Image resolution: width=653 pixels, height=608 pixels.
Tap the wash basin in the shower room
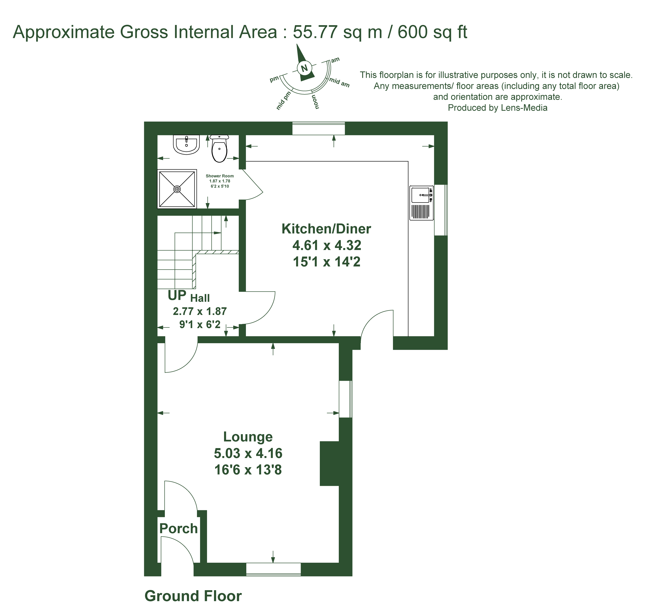coord(186,145)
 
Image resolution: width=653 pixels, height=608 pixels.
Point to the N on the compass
coord(305,68)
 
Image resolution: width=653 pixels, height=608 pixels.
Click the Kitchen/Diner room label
coord(326,229)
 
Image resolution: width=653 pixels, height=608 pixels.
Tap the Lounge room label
coord(248,437)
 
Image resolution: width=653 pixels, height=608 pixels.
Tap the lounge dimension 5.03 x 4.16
coord(248,454)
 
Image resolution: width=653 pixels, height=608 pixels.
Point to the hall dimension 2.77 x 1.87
coord(200,311)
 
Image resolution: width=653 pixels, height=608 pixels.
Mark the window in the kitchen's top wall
coord(319,128)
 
